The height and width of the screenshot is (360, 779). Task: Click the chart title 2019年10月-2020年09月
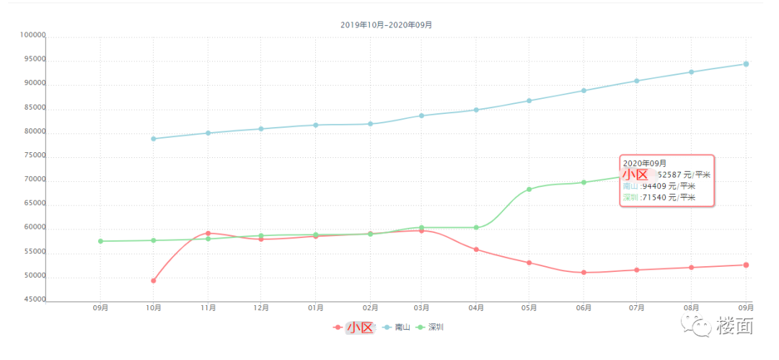tap(386, 25)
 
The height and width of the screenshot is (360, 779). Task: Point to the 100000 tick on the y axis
tap(33, 35)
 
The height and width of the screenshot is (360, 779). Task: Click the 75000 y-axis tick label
tap(33, 156)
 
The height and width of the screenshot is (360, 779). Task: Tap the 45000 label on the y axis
tap(33, 300)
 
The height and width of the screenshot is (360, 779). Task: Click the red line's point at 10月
tap(154, 281)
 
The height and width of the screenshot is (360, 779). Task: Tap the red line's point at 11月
tap(208, 233)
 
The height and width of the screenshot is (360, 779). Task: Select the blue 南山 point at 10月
tap(154, 139)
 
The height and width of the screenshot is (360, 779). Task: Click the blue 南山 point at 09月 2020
tap(746, 64)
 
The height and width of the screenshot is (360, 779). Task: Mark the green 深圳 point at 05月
tap(529, 190)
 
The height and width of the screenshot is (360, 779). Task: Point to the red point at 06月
tap(584, 273)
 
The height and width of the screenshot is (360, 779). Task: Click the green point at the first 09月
tap(100, 241)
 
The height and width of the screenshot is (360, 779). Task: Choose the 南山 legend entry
tap(397, 328)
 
